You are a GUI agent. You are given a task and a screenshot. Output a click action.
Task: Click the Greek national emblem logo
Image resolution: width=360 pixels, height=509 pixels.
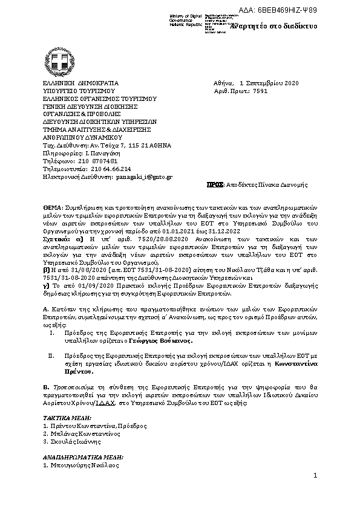59,62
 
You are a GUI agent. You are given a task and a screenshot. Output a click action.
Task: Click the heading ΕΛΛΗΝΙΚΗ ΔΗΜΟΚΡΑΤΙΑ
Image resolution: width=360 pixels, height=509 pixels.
80,83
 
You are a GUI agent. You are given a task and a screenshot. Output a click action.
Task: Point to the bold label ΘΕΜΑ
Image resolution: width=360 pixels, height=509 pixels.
53,207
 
